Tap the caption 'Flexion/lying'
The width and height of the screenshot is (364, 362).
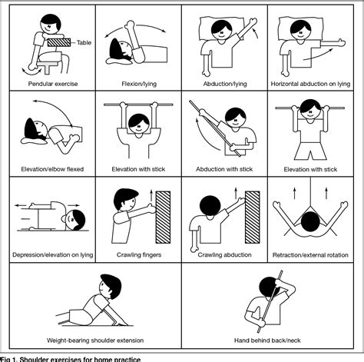point(137,83)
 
